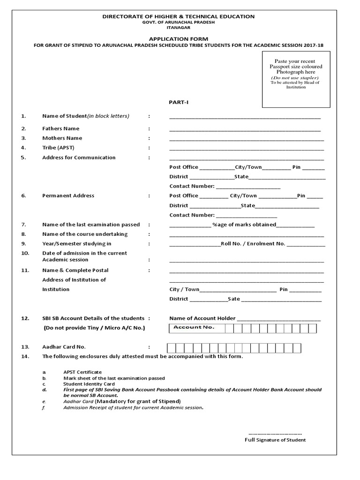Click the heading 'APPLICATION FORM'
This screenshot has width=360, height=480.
tap(179, 38)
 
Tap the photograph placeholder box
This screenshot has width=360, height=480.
tap(296, 80)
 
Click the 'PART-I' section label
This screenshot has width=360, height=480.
tap(179, 102)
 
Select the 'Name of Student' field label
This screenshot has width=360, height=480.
tap(85, 116)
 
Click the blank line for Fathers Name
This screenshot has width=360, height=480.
tap(245, 129)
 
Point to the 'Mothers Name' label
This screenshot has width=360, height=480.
tap(62, 138)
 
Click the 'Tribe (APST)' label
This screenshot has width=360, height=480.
tap(58, 148)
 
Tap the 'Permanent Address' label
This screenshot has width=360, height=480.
tap(68, 196)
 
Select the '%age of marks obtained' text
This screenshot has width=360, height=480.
tap(244, 225)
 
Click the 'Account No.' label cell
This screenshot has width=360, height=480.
tap(194, 328)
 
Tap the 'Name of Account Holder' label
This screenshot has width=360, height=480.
tap(202, 318)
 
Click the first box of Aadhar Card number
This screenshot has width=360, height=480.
tap(172, 347)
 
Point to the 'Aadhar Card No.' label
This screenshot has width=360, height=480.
tap(64, 347)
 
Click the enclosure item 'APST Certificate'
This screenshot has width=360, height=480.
tap(82, 372)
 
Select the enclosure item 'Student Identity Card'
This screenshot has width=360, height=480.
tap(89, 384)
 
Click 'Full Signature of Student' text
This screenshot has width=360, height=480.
tap(275, 440)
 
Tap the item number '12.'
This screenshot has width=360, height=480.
tap(25, 318)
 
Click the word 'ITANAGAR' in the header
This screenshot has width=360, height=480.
tap(179, 28)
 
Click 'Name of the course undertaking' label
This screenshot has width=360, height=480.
tap(85, 234)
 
